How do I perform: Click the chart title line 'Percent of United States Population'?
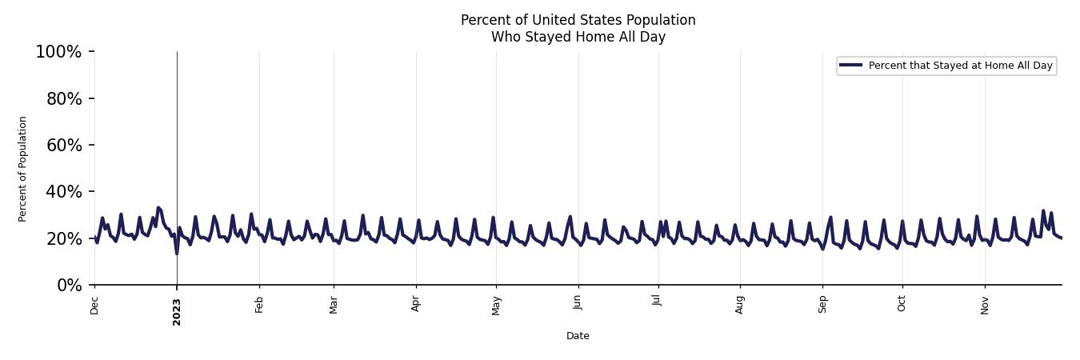(578, 20)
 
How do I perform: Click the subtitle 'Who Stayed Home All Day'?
(578, 37)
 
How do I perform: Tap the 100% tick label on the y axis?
(58, 52)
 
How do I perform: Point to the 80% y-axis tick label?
(62, 98)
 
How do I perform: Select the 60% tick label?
(62, 145)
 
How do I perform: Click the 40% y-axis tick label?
(62, 192)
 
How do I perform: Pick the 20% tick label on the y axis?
(62, 238)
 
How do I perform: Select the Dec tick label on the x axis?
(94, 305)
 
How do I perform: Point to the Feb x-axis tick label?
(259, 304)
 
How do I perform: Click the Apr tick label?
(416, 304)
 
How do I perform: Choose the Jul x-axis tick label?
(658, 302)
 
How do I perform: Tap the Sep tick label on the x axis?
(822, 305)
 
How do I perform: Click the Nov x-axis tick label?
(985, 305)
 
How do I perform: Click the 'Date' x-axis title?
(578, 336)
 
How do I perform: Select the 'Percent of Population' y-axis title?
(23, 169)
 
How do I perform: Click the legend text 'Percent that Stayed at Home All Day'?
(960, 66)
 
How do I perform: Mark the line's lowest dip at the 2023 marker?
(177, 253)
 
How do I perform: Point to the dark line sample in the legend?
(850, 66)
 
